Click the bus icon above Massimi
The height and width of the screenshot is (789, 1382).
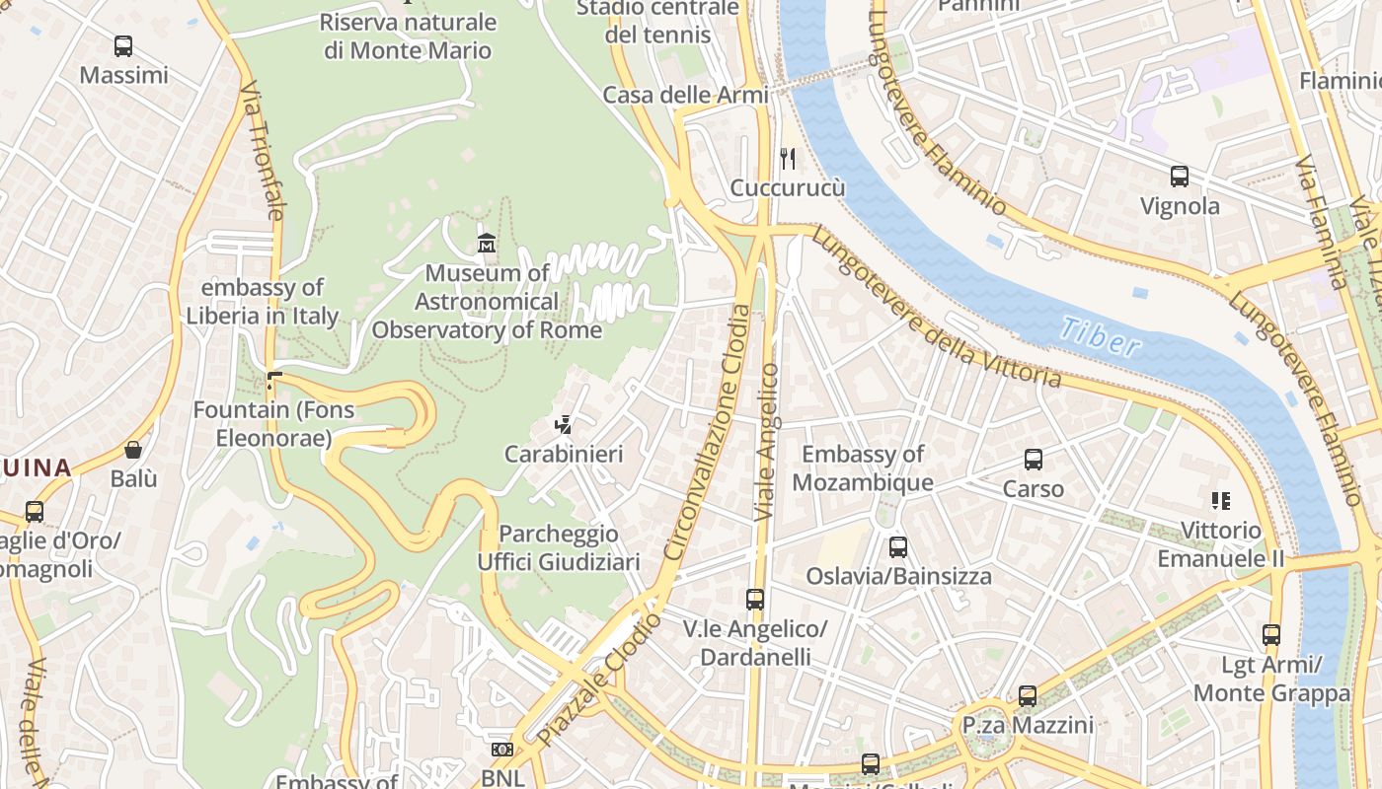click(x=123, y=45)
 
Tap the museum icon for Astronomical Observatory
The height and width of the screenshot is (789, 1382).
click(x=487, y=243)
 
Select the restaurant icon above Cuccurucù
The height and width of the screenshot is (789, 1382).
click(x=788, y=158)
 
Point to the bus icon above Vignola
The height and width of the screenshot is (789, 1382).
click(x=1180, y=177)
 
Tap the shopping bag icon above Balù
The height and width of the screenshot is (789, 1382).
click(x=133, y=450)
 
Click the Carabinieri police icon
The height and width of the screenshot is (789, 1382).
click(x=564, y=425)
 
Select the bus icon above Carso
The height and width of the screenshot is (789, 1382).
click(x=1034, y=459)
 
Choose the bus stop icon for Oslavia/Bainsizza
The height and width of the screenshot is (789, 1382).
click(x=898, y=546)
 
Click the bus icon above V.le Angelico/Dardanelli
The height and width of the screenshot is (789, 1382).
click(x=755, y=599)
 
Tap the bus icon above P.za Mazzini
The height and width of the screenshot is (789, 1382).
click(x=1028, y=696)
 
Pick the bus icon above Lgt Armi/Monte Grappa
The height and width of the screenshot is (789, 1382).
click(x=1271, y=635)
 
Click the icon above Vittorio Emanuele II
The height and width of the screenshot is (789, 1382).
click(x=1221, y=501)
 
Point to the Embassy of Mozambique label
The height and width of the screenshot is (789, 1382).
click(x=863, y=467)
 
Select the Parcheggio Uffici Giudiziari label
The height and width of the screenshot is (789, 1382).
click(x=559, y=547)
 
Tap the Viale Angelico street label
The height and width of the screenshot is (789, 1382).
click(x=766, y=442)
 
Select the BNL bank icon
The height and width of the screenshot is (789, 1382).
click(x=501, y=750)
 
